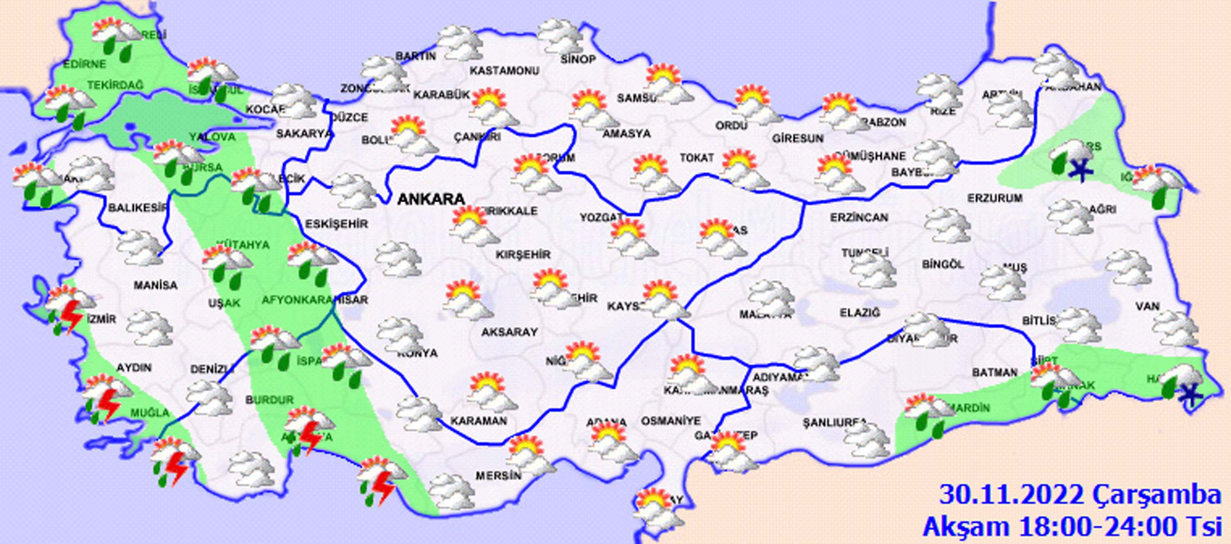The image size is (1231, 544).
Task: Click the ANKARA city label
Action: click(431, 199)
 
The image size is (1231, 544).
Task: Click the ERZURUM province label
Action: click(995, 198)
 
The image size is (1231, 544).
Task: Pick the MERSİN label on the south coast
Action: click(498, 476)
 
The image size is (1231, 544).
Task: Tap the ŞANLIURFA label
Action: click(834, 423)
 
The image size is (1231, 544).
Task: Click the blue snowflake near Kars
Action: click(1081, 170)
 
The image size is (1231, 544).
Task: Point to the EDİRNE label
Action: click(85, 64)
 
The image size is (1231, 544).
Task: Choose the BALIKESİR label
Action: click(137, 208)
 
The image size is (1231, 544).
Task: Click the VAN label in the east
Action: click(1147, 306)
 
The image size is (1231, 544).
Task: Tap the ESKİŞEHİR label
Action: click(336, 223)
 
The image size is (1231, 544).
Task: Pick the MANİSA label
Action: click(155, 286)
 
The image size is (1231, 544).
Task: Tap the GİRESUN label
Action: click(798, 139)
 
